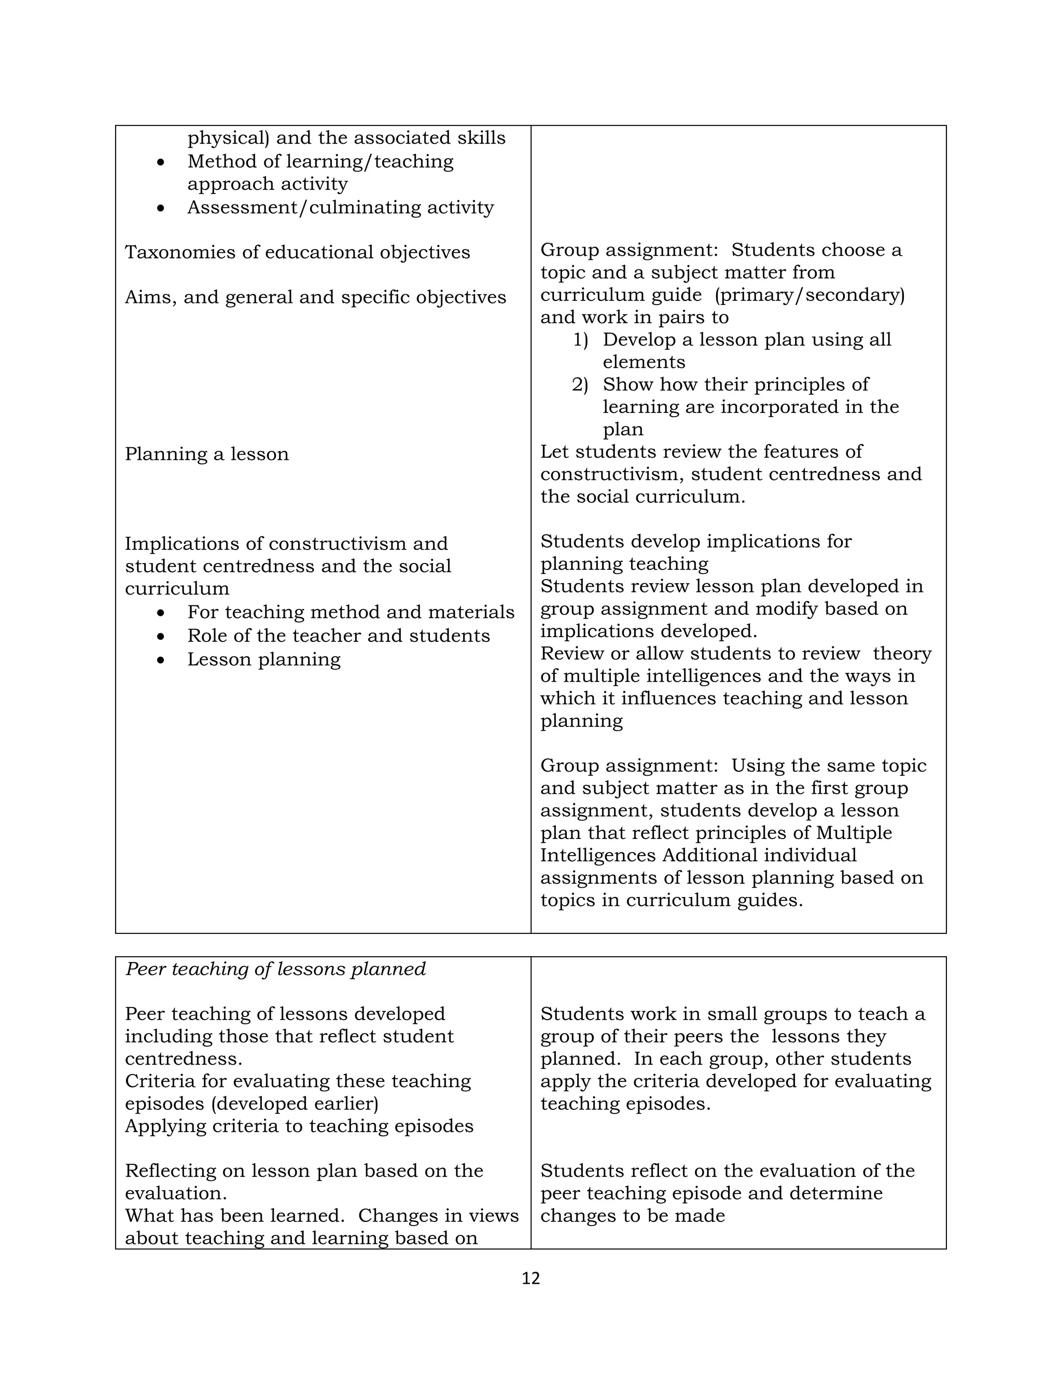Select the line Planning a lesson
pyautogui.click(x=206, y=454)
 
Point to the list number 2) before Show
pyautogui.click(x=579, y=384)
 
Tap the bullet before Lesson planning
pyautogui.click(x=161, y=661)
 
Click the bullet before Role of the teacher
pyautogui.click(x=161, y=637)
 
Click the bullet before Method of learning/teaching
pyautogui.click(x=161, y=162)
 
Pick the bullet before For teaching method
pyautogui.click(x=161, y=613)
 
